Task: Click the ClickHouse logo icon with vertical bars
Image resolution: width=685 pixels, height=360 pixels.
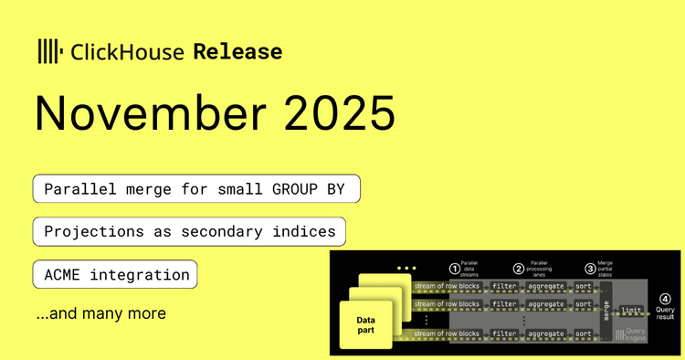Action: pos(49,51)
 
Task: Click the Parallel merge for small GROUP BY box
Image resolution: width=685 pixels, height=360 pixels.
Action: pos(196,189)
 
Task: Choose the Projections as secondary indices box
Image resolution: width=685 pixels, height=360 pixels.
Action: pos(190,232)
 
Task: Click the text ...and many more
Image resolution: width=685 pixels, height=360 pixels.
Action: pos(100,314)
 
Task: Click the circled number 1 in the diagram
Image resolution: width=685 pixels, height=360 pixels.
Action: pos(455,269)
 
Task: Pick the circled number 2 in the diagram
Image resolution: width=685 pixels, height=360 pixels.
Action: pos(518,269)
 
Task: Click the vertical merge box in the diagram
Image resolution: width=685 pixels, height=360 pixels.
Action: pos(606,310)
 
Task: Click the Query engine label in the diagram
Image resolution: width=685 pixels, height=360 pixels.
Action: pos(632,335)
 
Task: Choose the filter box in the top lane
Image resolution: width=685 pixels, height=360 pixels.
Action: pos(504,285)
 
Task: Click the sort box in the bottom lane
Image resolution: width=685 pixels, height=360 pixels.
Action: pos(582,334)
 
